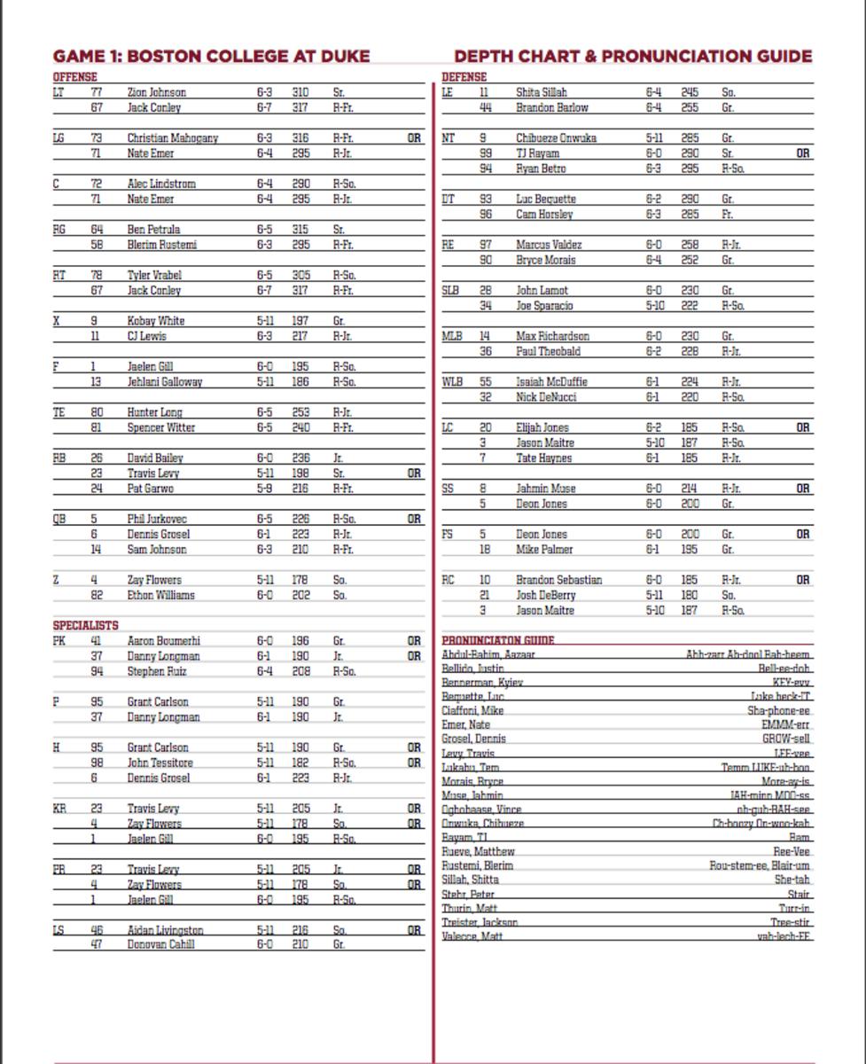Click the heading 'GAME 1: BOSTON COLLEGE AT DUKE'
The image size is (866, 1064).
point(211,57)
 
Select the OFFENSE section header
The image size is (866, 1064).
point(74,77)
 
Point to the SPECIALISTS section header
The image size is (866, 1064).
point(85,625)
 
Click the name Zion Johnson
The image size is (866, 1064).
point(156,92)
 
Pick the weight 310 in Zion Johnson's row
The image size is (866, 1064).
point(300,92)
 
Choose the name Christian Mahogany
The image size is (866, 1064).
point(172,138)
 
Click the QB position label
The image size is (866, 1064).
point(59,519)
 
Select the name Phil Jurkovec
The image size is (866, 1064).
point(157,519)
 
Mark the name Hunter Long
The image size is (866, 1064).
point(154,412)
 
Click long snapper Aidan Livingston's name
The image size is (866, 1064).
point(165,930)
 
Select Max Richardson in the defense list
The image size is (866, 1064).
point(552,336)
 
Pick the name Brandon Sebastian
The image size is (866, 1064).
point(558,580)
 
